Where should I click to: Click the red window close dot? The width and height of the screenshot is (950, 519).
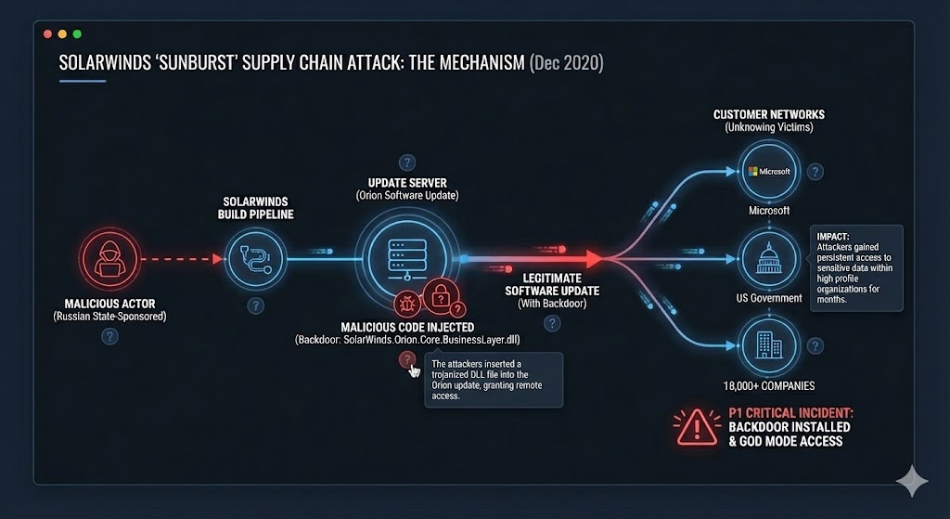[48, 33]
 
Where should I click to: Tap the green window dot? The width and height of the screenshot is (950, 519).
[76, 33]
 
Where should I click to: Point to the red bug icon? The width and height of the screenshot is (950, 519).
[407, 303]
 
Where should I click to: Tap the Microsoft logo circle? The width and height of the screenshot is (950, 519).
[768, 172]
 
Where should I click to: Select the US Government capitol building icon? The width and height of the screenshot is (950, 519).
[768, 259]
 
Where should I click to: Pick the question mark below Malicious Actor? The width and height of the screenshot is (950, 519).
[109, 336]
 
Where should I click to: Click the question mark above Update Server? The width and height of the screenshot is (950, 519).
[405, 163]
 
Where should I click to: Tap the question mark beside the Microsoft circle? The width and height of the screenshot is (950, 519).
[815, 172]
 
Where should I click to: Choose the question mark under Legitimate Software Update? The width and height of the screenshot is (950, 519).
[552, 323]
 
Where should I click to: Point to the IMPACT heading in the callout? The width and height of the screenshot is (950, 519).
[832, 236]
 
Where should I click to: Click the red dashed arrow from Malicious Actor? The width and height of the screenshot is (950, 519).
[182, 259]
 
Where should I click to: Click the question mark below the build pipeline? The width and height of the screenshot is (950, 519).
[256, 305]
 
